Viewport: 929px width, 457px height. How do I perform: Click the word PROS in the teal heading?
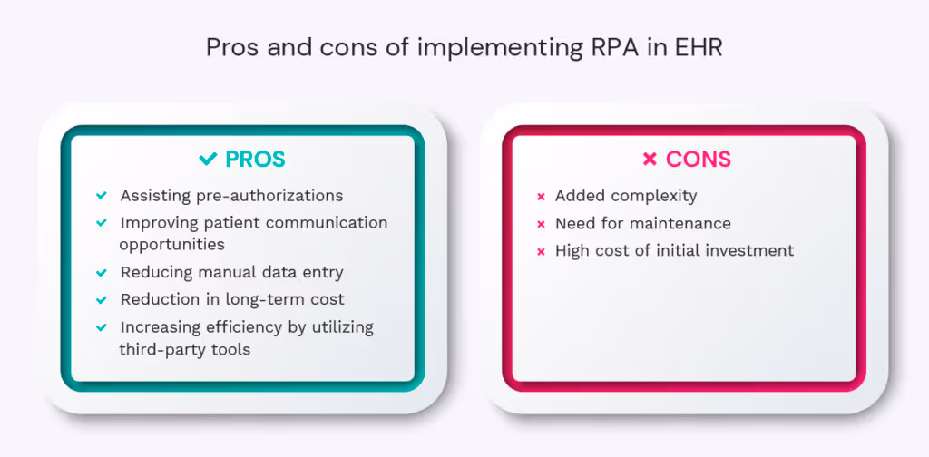(255, 160)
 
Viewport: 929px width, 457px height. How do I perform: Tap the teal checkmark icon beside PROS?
(209, 160)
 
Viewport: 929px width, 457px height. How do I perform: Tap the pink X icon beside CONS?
(650, 160)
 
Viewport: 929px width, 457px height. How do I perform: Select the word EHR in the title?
(699, 47)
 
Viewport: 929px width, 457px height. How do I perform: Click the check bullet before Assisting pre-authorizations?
(101, 196)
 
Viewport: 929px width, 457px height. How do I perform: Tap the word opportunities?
(171, 244)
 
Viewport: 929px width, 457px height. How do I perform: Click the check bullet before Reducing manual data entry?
(101, 272)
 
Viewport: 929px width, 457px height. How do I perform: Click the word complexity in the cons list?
(652, 196)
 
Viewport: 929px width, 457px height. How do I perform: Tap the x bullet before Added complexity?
(541, 196)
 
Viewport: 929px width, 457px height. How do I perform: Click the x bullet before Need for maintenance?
(541, 223)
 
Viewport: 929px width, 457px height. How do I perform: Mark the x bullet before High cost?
(541, 251)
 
